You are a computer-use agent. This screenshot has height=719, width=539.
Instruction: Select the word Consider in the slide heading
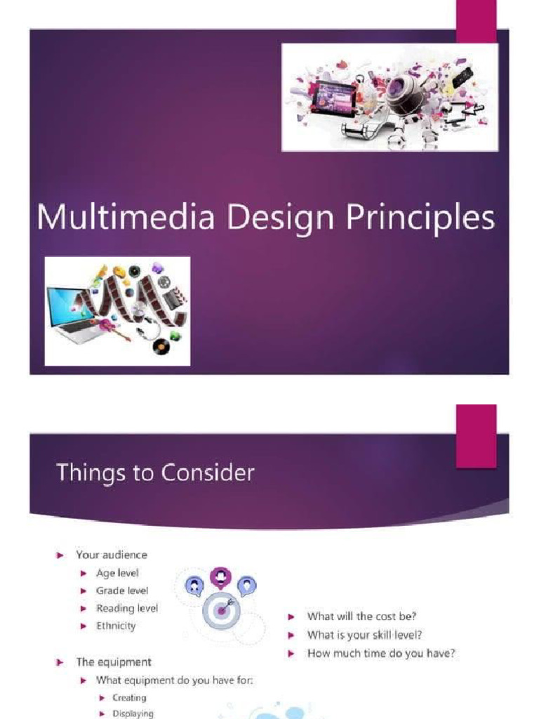[208, 473]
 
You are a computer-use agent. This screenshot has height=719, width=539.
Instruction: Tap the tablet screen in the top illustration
[332, 96]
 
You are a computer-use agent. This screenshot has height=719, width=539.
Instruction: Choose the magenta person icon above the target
[221, 576]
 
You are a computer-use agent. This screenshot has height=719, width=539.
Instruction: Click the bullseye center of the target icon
[221, 610]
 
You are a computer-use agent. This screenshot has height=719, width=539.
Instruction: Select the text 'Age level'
[117, 573]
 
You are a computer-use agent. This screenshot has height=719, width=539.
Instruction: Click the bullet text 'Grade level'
[122, 591]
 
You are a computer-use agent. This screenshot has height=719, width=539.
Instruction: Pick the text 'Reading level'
[127, 608]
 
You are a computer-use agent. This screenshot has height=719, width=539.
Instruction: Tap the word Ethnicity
[116, 626]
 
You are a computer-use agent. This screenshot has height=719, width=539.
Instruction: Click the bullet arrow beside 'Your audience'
[60, 555]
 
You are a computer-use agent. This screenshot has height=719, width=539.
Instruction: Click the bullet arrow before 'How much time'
[292, 654]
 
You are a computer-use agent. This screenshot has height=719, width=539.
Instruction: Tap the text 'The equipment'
[114, 661]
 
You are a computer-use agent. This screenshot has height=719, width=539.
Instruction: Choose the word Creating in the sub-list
[129, 698]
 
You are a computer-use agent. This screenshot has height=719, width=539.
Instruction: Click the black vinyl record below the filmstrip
[162, 345]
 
